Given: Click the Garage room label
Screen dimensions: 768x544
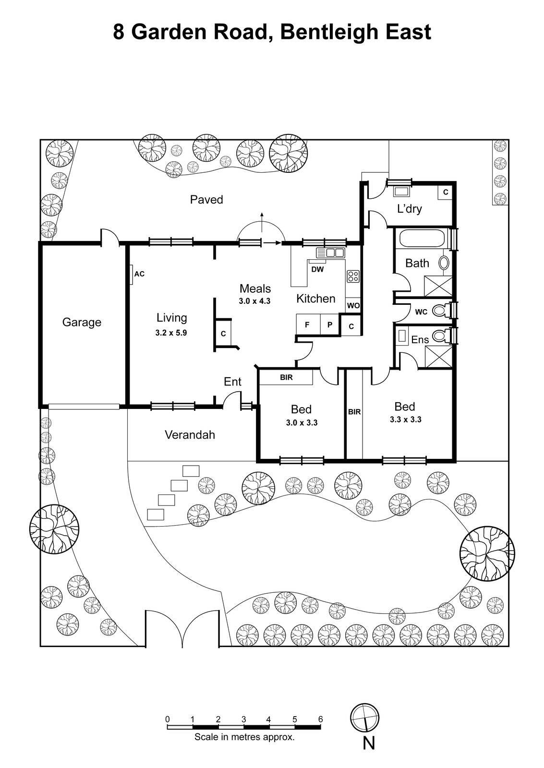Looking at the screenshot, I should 82,322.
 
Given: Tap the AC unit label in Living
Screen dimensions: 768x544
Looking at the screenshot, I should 139,274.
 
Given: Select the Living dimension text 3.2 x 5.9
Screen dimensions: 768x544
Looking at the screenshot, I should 171,332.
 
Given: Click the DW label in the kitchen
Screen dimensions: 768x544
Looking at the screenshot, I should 317,269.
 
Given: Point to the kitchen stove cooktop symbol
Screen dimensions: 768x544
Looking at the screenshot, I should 353,276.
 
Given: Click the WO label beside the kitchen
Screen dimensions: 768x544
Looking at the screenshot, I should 353,305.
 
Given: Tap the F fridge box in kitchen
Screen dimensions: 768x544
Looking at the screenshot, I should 307,325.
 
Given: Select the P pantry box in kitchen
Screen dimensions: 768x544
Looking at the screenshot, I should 330,325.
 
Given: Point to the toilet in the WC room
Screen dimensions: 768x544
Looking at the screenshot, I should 439,311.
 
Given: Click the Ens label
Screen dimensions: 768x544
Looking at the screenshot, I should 420,340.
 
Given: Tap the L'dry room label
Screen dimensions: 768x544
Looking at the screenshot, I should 409,209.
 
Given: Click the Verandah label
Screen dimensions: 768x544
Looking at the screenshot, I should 190,435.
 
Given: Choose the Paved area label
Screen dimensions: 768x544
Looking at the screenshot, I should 206,200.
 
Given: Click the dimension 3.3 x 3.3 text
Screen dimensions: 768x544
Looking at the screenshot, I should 406,420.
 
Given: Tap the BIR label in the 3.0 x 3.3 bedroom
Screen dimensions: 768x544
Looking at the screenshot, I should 286,377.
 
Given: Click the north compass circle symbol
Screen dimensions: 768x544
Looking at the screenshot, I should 365,718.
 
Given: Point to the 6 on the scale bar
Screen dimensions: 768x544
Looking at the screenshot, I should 320,719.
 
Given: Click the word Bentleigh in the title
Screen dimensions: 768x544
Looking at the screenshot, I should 330,32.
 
